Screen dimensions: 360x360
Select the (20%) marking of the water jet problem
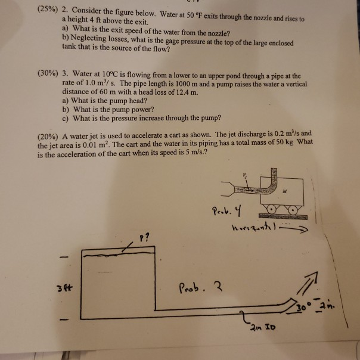pos(49,134)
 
